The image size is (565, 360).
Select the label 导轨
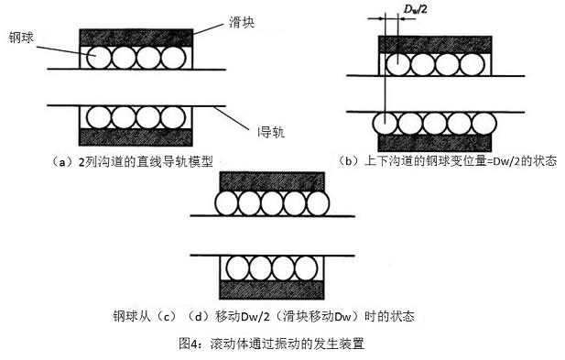point(272,132)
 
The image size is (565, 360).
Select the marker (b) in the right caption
point(348,160)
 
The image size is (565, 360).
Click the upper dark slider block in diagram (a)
point(137,36)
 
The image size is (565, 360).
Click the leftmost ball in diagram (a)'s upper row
point(97,57)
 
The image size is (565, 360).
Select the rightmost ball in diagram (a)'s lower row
point(178,116)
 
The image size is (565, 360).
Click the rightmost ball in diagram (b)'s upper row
point(473,65)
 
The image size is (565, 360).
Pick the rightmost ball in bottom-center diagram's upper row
point(318,202)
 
